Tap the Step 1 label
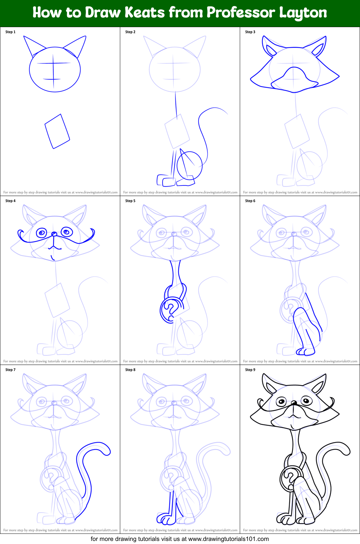[10, 32]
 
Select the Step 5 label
[130, 201]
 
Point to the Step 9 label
[250, 370]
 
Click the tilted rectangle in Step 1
[57, 131]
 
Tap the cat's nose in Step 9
[294, 403]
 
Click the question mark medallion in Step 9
[290, 478]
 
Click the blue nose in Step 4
[54, 234]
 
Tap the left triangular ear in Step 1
[34, 46]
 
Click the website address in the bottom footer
[228, 539]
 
